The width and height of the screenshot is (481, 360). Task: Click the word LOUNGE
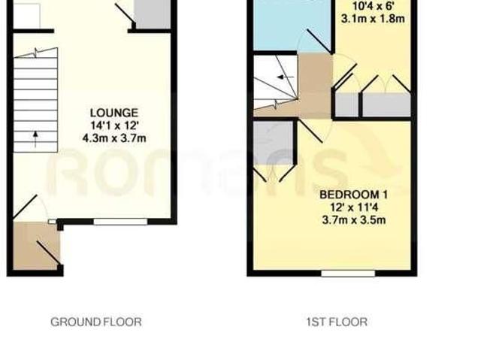(x=114, y=113)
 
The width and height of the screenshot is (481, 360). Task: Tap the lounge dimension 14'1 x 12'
(x=114, y=126)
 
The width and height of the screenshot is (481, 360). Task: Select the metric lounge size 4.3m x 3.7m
(x=114, y=139)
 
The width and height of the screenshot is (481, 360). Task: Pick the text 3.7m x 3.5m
(x=352, y=220)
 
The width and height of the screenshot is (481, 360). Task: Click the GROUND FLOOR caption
(x=95, y=322)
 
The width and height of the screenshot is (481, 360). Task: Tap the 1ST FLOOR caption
(x=336, y=322)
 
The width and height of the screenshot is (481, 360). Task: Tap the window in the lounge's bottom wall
(x=120, y=221)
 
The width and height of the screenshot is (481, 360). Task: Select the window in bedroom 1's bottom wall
(x=347, y=273)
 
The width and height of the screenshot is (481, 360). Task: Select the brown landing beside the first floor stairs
(x=312, y=84)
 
